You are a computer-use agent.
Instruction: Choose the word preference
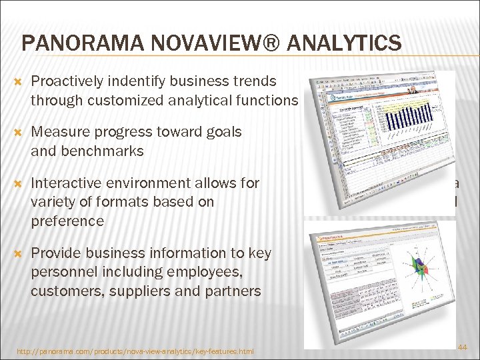pyautogui.click(x=67, y=221)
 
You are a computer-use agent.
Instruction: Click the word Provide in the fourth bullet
pyautogui.click(x=56, y=253)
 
